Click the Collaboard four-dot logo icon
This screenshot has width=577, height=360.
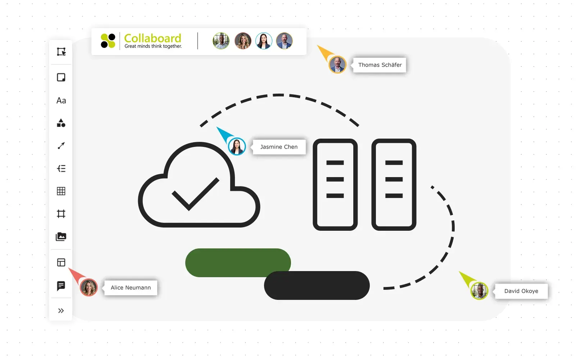click(108, 41)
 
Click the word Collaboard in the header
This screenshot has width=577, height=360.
click(153, 38)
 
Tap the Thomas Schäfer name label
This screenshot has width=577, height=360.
click(380, 65)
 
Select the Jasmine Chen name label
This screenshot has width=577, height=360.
click(279, 147)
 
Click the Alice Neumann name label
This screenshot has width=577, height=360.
click(131, 288)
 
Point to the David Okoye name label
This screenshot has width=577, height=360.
click(521, 291)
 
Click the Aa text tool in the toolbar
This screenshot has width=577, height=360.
click(61, 101)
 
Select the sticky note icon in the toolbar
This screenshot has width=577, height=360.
click(61, 77)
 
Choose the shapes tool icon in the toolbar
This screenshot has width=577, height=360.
click(61, 123)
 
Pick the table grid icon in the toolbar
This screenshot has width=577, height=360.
click(61, 191)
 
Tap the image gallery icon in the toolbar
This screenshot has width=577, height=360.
click(61, 237)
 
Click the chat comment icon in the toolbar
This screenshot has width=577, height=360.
click(61, 286)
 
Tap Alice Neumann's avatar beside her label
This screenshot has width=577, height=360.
click(89, 288)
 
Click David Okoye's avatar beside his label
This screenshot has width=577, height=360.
click(479, 291)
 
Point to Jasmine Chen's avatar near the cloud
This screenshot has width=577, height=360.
click(237, 147)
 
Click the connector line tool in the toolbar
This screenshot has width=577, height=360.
click(61, 146)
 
